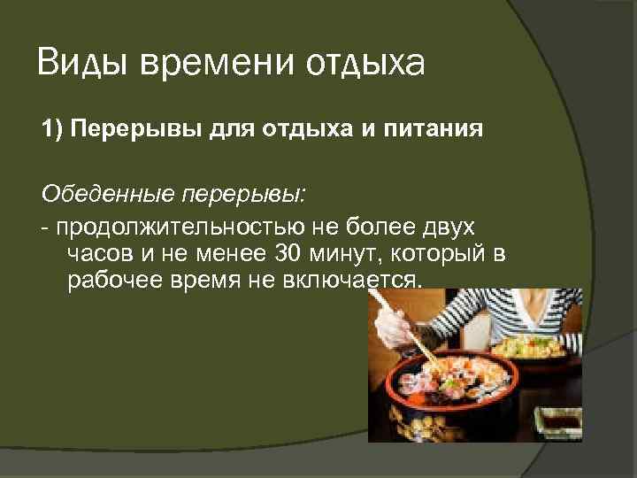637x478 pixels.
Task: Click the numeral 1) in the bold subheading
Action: click(x=51, y=131)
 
